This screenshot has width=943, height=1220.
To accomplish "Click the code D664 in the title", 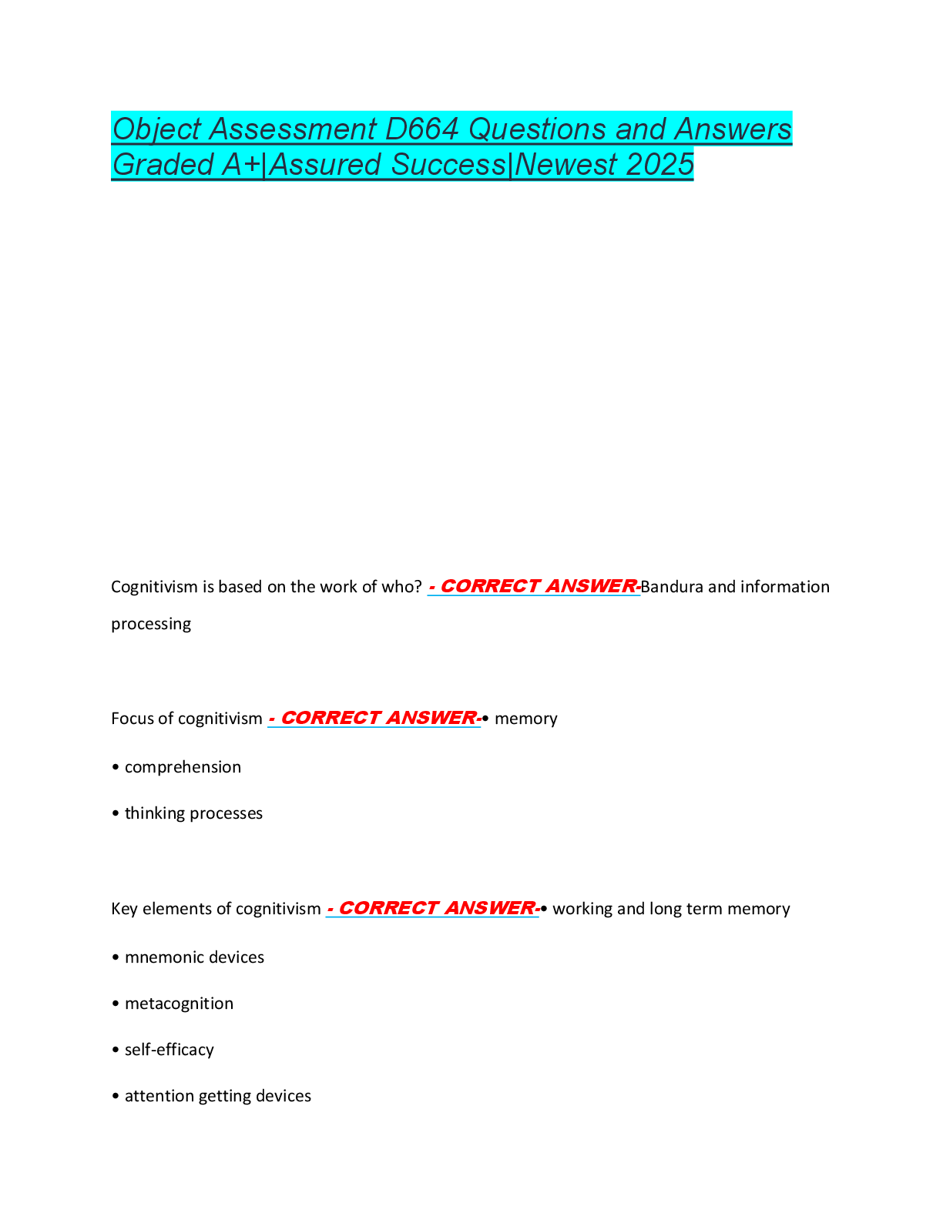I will [x=422, y=129].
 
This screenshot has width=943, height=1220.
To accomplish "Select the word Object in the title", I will [x=157, y=129].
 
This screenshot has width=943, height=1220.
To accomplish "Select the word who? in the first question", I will [x=401, y=587].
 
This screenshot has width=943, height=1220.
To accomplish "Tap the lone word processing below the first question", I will [x=151, y=624].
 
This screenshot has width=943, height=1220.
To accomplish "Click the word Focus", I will [x=133, y=719].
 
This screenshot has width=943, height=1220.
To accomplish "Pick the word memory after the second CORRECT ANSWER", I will [x=525, y=719].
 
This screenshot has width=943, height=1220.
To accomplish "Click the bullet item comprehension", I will [x=183, y=767].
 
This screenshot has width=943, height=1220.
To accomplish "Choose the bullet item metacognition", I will [x=179, y=1004].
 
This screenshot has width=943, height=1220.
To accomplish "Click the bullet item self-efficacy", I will [x=169, y=1050].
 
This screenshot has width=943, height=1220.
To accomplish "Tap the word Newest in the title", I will [x=566, y=165].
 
